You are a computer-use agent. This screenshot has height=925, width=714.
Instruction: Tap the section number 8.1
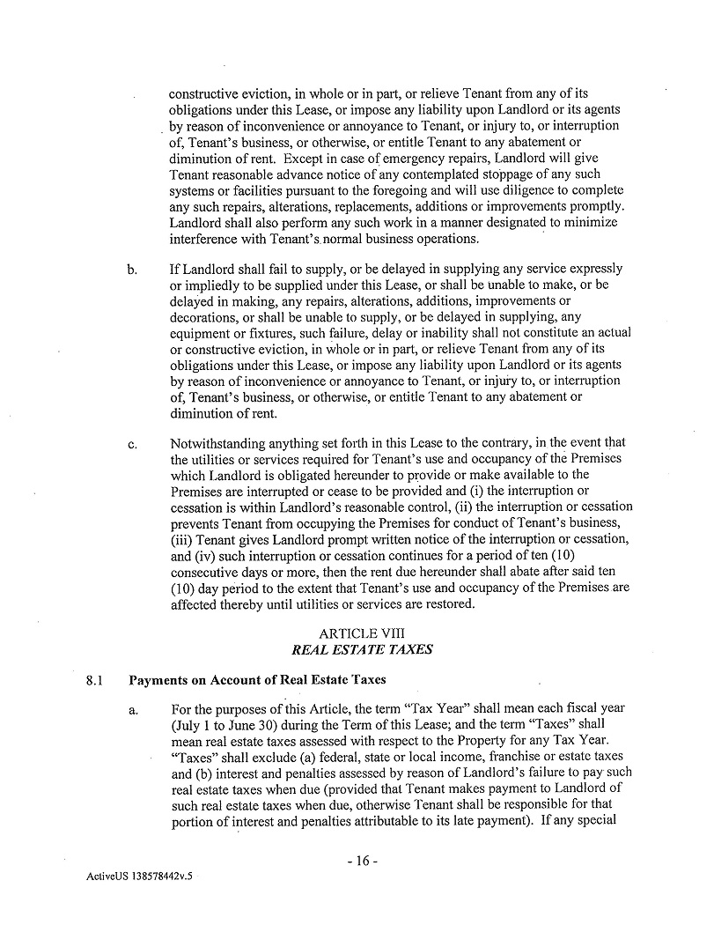pyautogui.click(x=95, y=681)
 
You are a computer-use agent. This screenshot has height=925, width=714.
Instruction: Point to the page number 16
pyautogui.click(x=362, y=862)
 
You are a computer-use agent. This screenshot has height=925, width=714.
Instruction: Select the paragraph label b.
pyautogui.click(x=131, y=269)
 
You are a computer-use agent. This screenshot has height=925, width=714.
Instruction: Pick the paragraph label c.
pyautogui.click(x=131, y=444)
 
